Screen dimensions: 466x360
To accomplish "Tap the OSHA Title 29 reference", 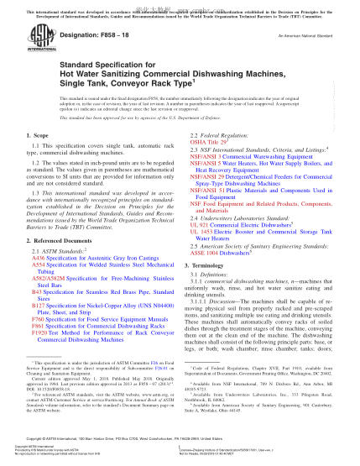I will [210, 142].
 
